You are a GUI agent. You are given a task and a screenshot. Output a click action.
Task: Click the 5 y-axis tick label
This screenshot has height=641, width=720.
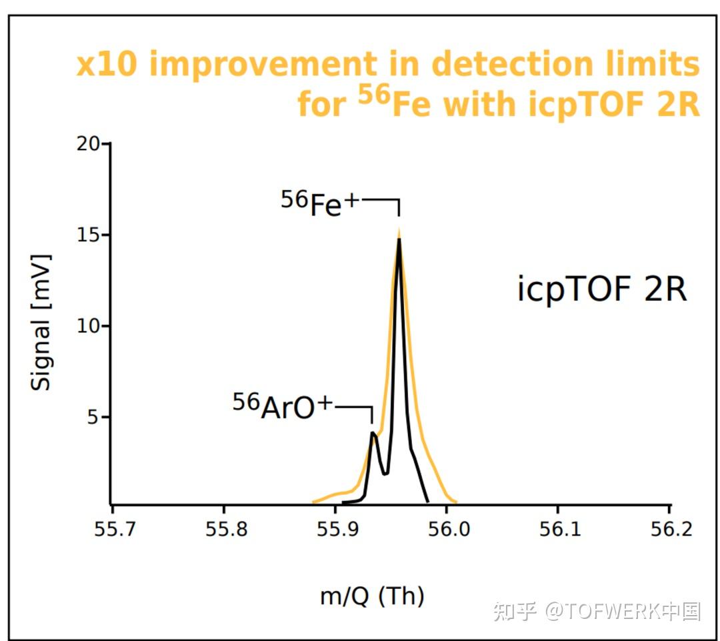[93, 418]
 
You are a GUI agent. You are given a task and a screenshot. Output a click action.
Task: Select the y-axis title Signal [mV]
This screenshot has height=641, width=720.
[41, 322]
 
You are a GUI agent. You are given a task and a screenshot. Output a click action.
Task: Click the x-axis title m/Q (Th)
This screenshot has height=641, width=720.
[372, 595]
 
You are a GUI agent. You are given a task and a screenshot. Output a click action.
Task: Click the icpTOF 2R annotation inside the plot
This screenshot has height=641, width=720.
[601, 290]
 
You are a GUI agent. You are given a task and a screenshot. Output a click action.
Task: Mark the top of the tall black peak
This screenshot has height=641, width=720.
[399, 239]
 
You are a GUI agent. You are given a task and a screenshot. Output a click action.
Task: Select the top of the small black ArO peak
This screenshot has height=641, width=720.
[373, 434]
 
